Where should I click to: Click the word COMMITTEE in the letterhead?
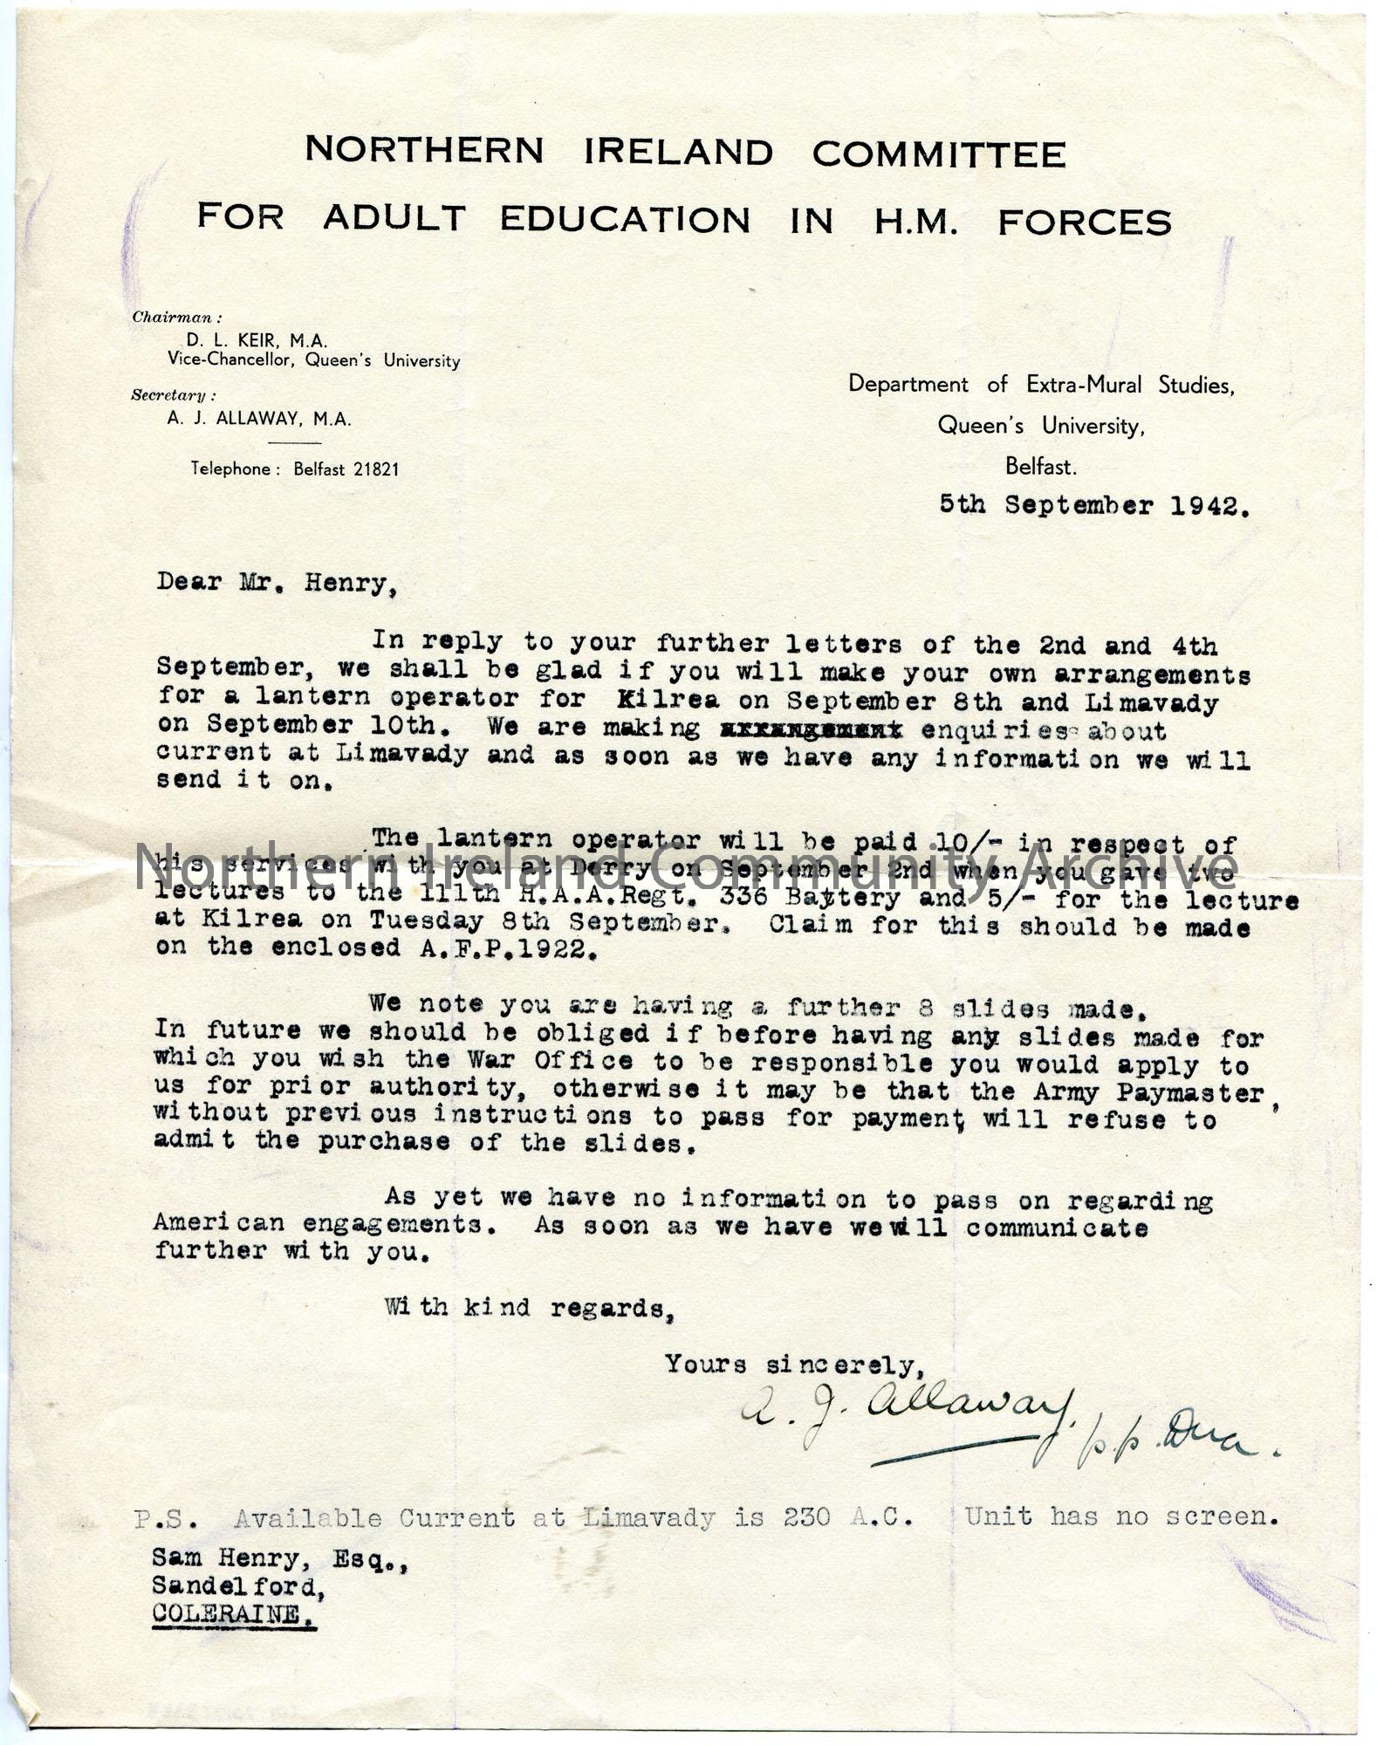[x=938, y=154]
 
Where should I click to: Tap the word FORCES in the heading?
[x=1084, y=222]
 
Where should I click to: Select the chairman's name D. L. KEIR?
[x=230, y=341]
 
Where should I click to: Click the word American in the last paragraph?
[x=219, y=1221]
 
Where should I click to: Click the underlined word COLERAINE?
[x=234, y=1614]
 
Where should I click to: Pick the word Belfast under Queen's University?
[x=1040, y=467]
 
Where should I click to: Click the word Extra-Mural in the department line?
[x=1088, y=385]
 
